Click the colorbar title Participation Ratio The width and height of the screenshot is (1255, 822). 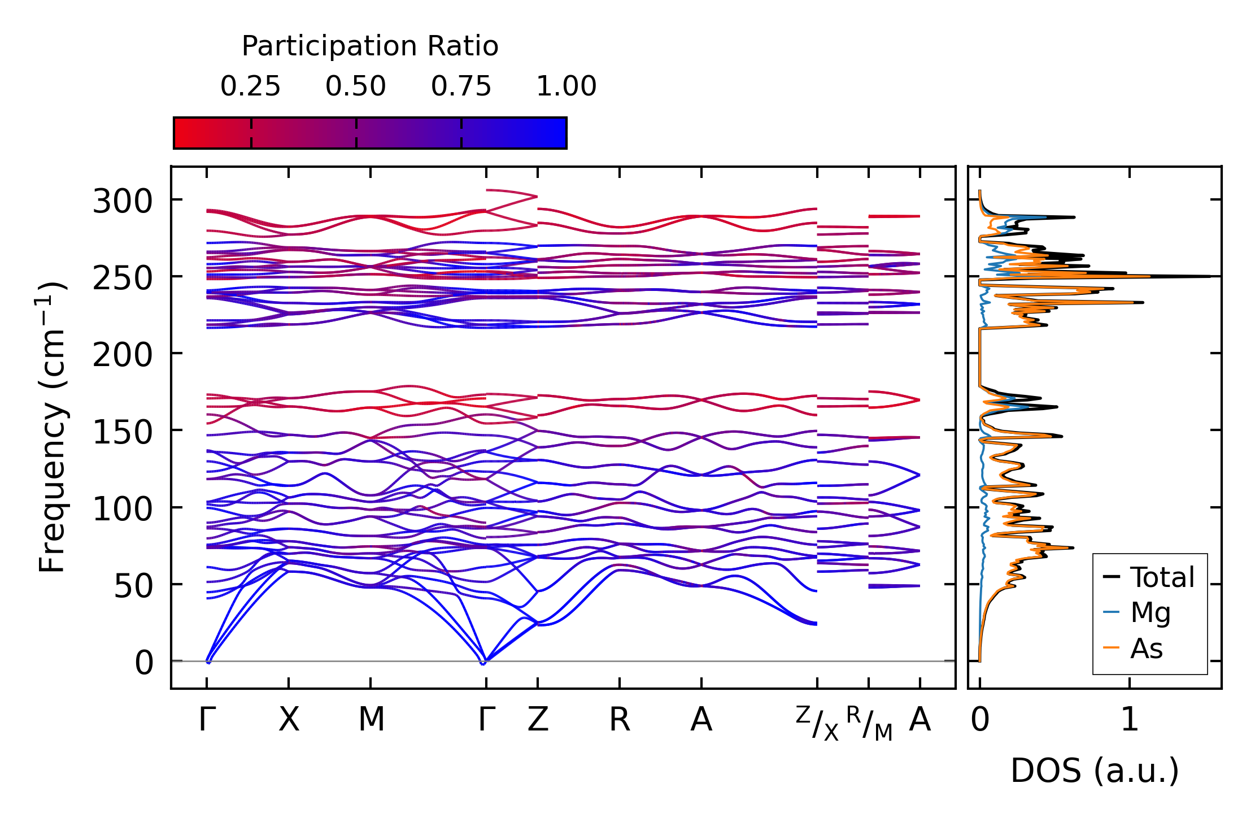pos(370,46)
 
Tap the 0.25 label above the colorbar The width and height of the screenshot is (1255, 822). pos(250,86)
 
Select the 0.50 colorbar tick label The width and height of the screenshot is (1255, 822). pos(356,86)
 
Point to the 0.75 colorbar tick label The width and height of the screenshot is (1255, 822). pos(461,86)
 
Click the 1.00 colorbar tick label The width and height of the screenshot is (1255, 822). pos(566,86)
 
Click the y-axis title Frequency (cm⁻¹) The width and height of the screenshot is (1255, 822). pos(52,427)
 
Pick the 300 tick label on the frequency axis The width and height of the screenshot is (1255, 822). pos(123,201)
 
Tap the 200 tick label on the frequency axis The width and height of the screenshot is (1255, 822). pos(123,355)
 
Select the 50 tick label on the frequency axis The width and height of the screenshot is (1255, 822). pos(133,586)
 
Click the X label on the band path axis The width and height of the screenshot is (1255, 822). pos(289,720)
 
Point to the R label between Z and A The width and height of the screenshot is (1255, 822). pos(619,720)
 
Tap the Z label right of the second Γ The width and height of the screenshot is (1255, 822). pos(538,720)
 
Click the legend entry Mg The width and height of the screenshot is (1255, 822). pos(1150,612)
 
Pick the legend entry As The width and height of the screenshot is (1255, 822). pos(1146,648)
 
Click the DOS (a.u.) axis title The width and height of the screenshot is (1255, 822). pos(1095,771)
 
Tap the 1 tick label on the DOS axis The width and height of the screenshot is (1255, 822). pos(1130,720)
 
